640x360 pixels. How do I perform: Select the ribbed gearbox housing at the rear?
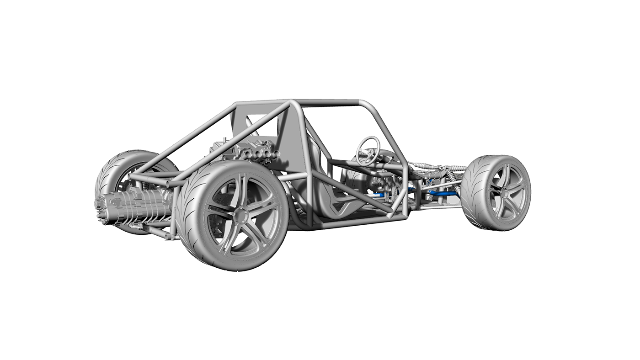pyautogui.click(x=133, y=206)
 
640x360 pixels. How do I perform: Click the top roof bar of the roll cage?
pyautogui.click(x=329, y=103)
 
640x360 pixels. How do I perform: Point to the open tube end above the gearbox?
pyautogui.click(x=170, y=184)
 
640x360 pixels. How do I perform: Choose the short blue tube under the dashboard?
pyautogui.click(x=378, y=195)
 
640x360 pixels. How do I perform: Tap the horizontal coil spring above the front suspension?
pyautogui.click(x=423, y=165)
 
